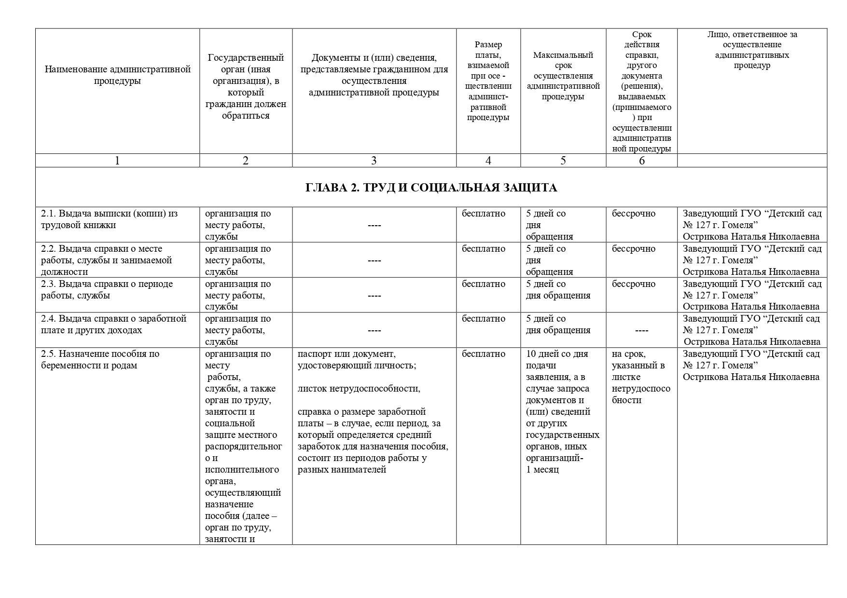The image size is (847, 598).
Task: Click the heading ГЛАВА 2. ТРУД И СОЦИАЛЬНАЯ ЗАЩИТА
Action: tap(431, 188)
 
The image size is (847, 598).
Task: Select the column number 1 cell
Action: tap(117, 161)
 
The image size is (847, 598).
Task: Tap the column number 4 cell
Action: tap(488, 161)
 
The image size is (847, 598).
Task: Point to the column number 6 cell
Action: tap(641, 161)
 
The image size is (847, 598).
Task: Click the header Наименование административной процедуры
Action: tap(117, 75)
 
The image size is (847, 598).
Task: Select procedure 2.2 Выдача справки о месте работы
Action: tap(107, 260)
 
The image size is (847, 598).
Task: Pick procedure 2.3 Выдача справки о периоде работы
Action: tap(107, 289)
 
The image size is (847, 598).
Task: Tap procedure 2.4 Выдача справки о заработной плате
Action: tap(114, 325)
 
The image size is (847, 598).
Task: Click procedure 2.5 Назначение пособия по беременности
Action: tap(100, 359)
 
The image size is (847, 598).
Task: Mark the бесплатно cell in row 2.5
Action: tap(484, 354)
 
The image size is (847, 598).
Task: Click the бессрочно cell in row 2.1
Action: tap(634, 214)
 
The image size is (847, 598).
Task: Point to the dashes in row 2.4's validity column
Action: tap(641, 331)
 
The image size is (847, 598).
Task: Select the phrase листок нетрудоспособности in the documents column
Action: tap(359, 389)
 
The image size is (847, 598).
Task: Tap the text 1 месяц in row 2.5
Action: tap(542, 470)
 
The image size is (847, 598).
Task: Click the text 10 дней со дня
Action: tap(557, 354)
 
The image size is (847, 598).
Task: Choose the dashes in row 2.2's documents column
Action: tap(374, 261)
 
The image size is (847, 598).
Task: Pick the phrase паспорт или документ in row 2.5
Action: tap(347, 354)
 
